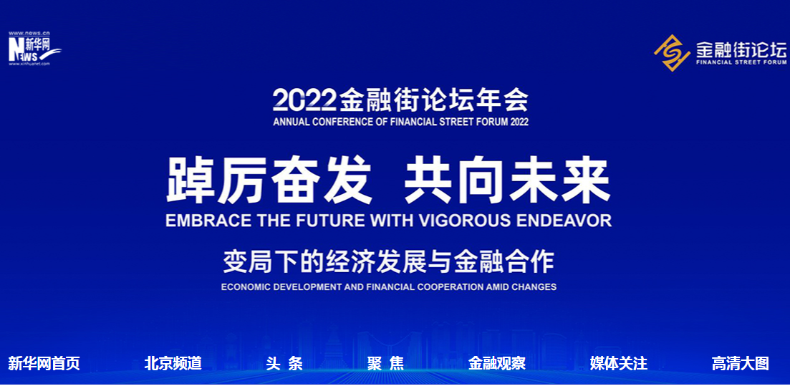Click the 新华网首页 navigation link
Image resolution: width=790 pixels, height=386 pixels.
pos(44,363)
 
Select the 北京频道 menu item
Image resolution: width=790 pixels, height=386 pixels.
pos(173,363)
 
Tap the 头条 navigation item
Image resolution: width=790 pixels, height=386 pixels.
pos(284,363)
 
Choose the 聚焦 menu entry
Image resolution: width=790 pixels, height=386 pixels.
pos(385,363)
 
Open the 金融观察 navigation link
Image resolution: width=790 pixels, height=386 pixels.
pos(497,363)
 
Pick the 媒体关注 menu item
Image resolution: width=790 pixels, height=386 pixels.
pos(619,363)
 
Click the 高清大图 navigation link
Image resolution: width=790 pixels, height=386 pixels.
pos(740,363)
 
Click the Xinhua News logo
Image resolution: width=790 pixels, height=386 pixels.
pos(34,49)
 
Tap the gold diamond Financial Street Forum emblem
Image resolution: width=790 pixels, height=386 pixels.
pos(672,52)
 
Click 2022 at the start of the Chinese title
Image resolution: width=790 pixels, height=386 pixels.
pos(304,100)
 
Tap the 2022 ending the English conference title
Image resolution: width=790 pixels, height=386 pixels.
pos(519,122)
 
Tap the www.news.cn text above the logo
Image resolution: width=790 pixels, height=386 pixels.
pos(29,33)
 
